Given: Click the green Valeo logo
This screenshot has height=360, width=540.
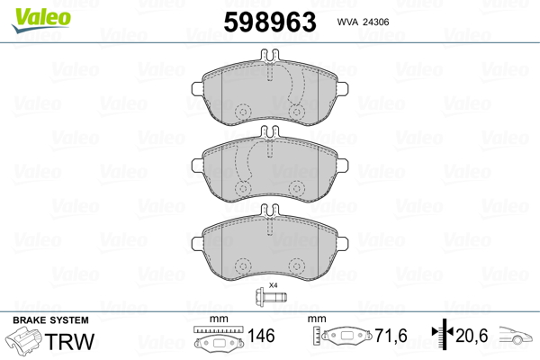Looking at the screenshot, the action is tap(41, 20).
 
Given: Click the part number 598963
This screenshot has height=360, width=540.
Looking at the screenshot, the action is tap(270, 22).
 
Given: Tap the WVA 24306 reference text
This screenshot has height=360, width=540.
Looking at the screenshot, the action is tap(363, 22).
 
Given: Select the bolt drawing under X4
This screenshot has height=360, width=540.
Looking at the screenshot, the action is tap(271, 296).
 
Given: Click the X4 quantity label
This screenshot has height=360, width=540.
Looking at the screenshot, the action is tap(273, 285).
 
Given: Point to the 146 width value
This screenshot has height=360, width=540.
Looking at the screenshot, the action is tap(261, 336).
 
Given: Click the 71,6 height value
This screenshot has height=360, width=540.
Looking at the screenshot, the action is tap(391, 336).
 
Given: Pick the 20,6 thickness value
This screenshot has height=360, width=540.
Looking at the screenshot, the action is tap(472, 336).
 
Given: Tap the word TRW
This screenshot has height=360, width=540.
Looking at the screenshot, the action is tap(69, 341).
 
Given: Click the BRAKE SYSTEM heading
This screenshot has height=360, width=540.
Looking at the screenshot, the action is tap(50, 320).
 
